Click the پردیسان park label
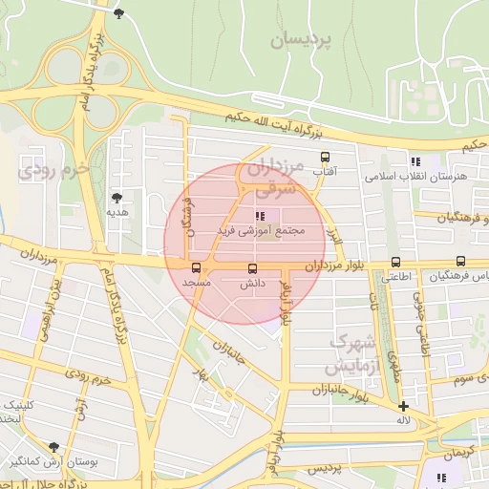tap(305, 40)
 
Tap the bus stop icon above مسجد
tap(196, 268)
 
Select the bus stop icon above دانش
tap(252, 268)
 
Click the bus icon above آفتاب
tap(325, 157)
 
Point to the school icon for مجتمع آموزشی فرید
tap(260, 216)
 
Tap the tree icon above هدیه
tap(117, 198)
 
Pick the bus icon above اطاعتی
tap(395, 262)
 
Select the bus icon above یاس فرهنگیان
tap(461, 261)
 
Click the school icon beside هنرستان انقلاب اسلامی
tap(415, 161)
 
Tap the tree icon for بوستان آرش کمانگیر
tap(53, 447)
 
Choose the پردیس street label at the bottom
tap(324, 469)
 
